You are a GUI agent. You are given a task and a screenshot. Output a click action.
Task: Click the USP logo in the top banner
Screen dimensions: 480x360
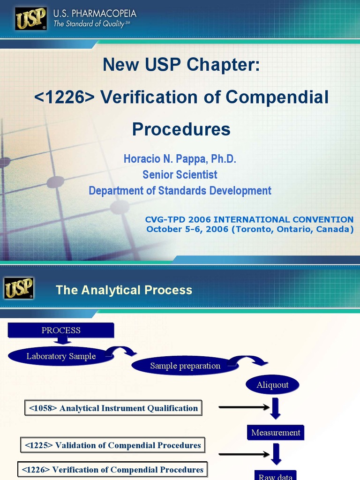tap(31, 19)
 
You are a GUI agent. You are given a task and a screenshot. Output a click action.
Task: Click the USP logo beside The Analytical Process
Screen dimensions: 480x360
tap(19, 288)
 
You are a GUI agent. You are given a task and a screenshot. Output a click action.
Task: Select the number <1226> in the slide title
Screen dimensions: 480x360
tap(65, 97)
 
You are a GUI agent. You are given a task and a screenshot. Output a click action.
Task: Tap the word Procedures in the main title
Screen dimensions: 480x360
tap(181, 129)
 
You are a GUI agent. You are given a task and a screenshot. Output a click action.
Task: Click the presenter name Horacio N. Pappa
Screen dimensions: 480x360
tap(162, 159)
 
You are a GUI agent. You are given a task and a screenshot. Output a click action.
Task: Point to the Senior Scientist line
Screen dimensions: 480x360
tap(180, 175)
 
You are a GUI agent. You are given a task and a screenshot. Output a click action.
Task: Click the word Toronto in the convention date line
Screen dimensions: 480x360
tap(252, 229)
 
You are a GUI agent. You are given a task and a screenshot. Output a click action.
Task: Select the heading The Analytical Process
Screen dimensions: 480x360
tap(124, 290)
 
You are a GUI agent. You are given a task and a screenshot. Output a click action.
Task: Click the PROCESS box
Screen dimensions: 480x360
tap(61, 330)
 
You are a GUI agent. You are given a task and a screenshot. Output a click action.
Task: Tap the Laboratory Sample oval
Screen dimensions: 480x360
tap(61, 356)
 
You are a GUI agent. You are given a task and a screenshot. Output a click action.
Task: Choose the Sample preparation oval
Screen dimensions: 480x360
tap(185, 366)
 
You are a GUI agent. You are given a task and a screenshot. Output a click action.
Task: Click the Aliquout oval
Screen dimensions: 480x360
tap(272, 385)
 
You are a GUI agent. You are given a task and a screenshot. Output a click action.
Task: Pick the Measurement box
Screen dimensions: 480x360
tap(276, 433)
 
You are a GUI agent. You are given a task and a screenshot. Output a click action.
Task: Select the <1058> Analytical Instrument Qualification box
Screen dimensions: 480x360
tap(113, 408)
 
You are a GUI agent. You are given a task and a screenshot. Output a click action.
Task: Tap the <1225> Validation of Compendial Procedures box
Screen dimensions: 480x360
tap(112, 445)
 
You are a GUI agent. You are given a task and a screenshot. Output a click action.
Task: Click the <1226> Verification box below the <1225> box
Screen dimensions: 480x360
tap(112, 470)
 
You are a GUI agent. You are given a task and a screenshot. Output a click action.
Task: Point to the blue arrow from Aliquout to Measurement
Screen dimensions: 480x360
tap(275, 408)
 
